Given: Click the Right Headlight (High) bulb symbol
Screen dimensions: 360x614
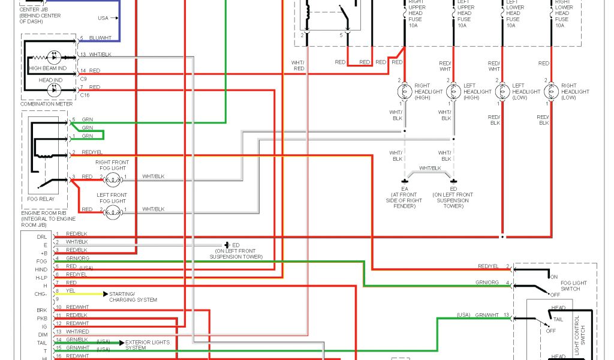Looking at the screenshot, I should [405, 91].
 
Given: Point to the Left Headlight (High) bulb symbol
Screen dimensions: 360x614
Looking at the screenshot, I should [453, 91].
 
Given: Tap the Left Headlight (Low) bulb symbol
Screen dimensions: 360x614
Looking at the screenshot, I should [502, 91].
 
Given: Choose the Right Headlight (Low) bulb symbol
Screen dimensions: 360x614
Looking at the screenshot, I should [551, 91].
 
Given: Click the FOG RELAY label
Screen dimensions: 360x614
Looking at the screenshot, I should [40, 199].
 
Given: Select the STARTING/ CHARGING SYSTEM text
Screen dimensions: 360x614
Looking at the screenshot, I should [133, 297].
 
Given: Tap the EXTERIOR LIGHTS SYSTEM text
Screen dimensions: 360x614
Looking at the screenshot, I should [148, 345].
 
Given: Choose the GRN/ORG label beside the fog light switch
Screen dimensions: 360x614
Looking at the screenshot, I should [487, 282].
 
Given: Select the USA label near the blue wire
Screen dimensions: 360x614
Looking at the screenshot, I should [104, 18].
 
